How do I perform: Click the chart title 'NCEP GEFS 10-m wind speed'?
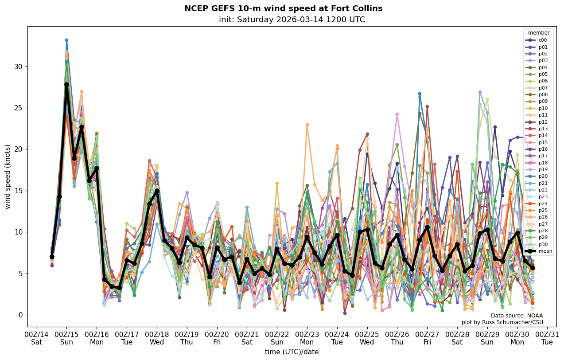283,8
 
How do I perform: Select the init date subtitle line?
292,20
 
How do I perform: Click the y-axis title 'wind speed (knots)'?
8,176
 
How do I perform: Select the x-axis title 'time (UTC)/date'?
292,352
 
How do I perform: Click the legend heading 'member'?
538,33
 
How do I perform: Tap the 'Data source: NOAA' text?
517,316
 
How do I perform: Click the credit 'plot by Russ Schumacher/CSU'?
502,322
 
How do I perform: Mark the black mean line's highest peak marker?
66,84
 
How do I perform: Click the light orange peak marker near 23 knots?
307,125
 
